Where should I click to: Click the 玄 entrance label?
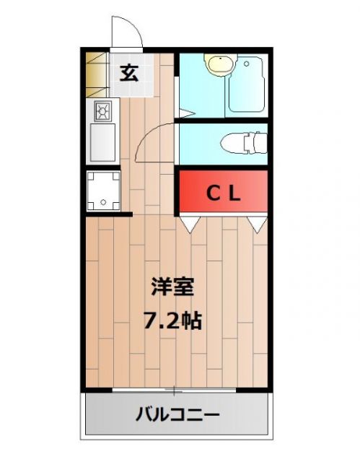click(129, 73)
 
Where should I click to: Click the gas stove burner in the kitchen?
click(102, 111)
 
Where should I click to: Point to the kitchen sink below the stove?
click(102, 142)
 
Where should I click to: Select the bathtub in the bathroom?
click(247, 84)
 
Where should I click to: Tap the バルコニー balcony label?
click(177, 415)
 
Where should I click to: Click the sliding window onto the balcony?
click(174, 391)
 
